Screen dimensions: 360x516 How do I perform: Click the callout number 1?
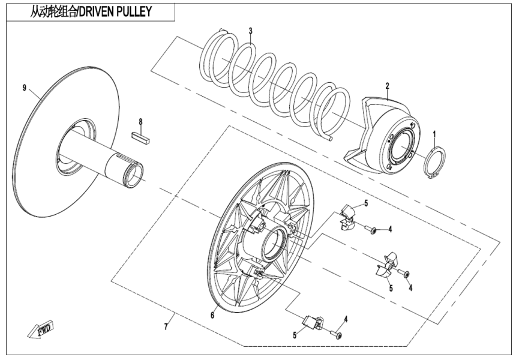[435, 133]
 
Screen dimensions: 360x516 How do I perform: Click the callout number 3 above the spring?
[251, 31]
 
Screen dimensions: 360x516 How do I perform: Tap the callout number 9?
[25, 88]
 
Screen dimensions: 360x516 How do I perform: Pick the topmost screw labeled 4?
[373, 230]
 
